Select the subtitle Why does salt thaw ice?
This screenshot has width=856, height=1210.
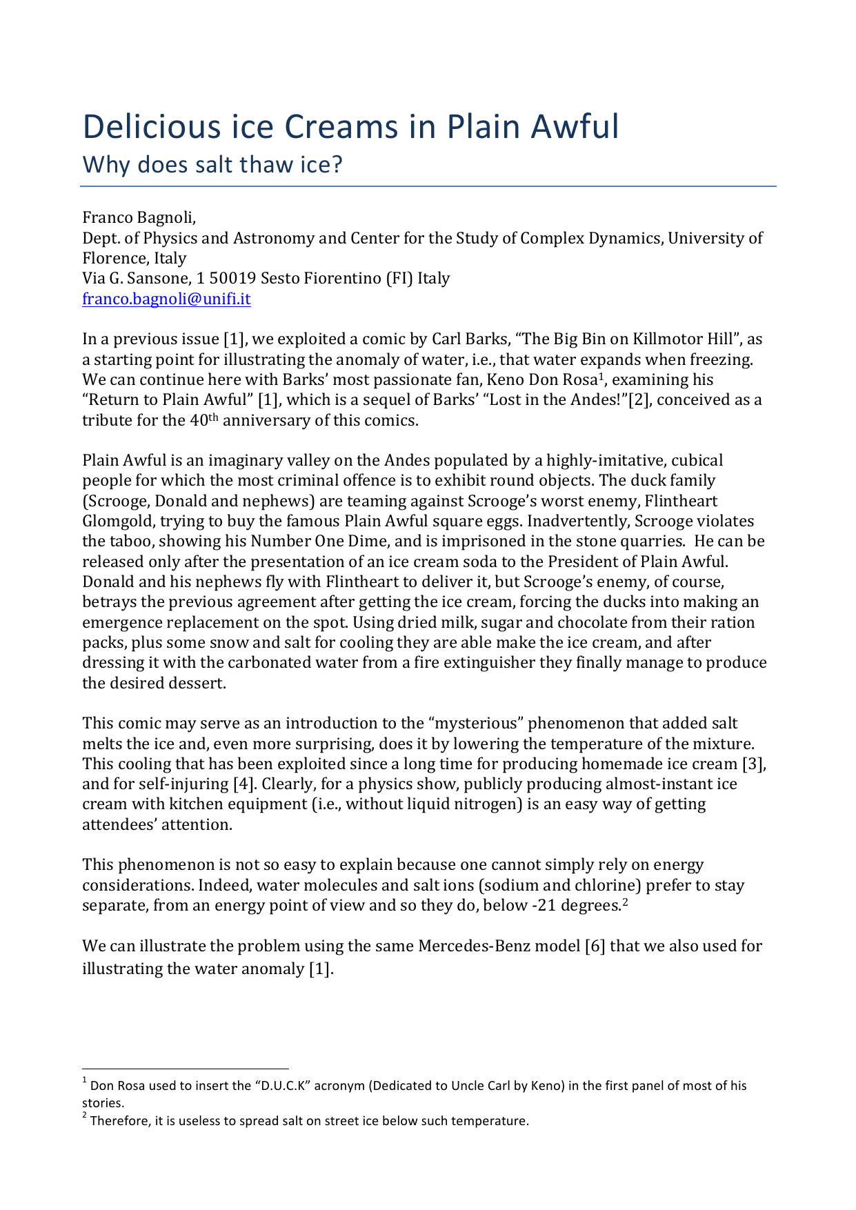[212, 166]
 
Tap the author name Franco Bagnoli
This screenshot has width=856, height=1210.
[139, 218]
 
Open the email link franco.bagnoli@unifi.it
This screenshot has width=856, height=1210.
[166, 299]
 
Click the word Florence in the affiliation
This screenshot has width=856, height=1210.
[110, 259]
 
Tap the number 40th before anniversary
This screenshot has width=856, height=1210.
[203, 420]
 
